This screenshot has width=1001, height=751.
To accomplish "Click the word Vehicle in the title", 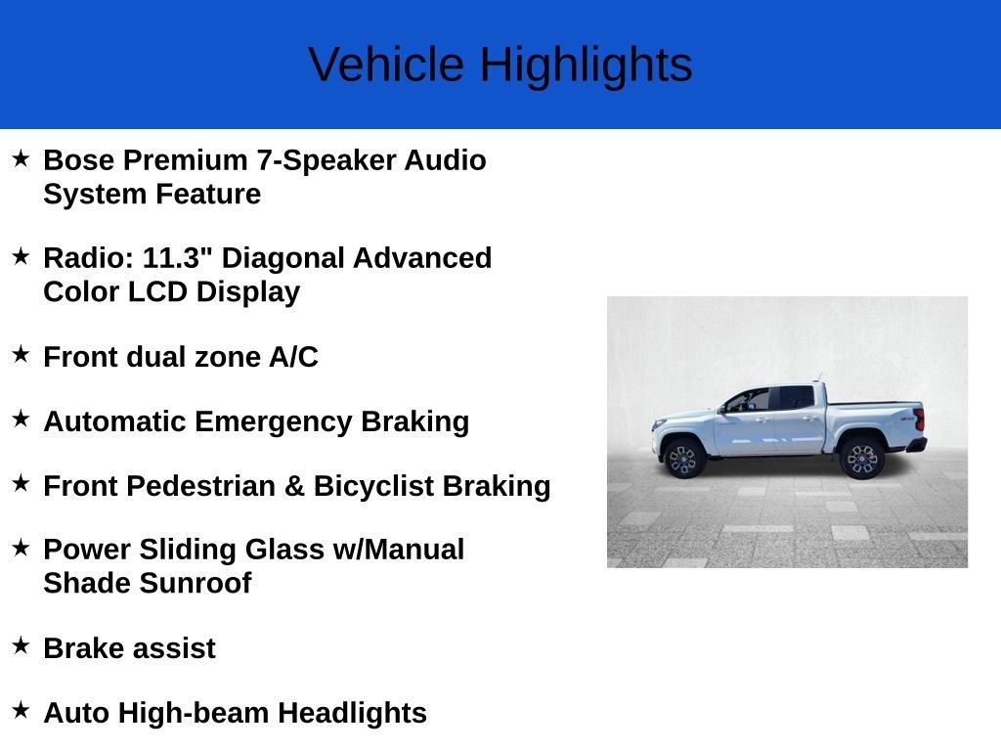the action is click(x=386, y=65).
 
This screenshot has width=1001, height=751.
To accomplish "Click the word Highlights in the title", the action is click(x=587, y=66).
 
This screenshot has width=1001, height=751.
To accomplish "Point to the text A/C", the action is click(x=293, y=356).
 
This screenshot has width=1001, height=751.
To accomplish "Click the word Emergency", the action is click(x=274, y=422).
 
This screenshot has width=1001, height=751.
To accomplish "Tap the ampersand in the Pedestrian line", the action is click(x=294, y=486).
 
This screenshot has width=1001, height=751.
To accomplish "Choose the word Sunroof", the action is click(x=196, y=583).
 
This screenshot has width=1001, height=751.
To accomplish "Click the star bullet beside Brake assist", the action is click(x=22, y=645).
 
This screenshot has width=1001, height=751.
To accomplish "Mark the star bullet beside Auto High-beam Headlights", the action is click(x=22, y=710).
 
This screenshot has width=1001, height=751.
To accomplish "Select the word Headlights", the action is click(x=352, y=713).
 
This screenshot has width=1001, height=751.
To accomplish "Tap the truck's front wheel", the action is click(x=683, y=458).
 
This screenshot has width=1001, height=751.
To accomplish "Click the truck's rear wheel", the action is click(x=860, y=458).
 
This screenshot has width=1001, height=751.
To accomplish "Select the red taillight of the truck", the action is click(x=919, y=420).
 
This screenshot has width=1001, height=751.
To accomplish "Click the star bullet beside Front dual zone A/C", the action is click(x=22, y=354).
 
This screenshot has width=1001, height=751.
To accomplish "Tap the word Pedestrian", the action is click(x=201, y=486).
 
